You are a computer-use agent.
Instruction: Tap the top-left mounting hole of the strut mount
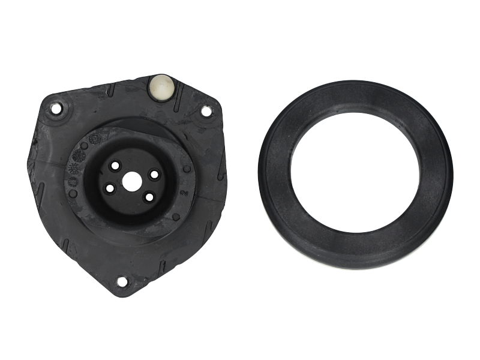pyautogui.click(x=56, y=109)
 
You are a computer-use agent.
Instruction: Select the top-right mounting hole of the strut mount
pyautogui.click(x=206, y=111)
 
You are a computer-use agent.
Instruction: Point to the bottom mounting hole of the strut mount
pyautogui.click(x=122, y=281)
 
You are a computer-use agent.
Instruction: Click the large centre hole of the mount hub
pyautogui.click(x=131, y=181)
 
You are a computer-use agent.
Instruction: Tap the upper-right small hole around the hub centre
pyautogui.click(x=154, y=174)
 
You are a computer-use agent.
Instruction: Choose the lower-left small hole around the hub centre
pyautogui.click(x=110, y=188)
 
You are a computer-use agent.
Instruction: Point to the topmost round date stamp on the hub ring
pyautogui.click(x=95, y=139)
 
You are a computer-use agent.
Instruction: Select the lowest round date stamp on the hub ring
pyautogui.click(x=73, y=181)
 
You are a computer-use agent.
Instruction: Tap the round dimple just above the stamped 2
pyautogui.click(x=187, y=169)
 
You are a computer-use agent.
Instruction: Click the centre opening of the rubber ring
pyautogui.click(x=355, y=172)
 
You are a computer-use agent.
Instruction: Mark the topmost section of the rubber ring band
pyautogui.click(x=355, y=96)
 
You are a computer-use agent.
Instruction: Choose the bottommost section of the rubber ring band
pyautogui.click(x=355, y=249)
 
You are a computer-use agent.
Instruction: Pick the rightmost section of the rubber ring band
pyautogui.click(x=436, y=174)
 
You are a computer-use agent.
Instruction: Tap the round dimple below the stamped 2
pyautogui.click(x=176, y=216)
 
